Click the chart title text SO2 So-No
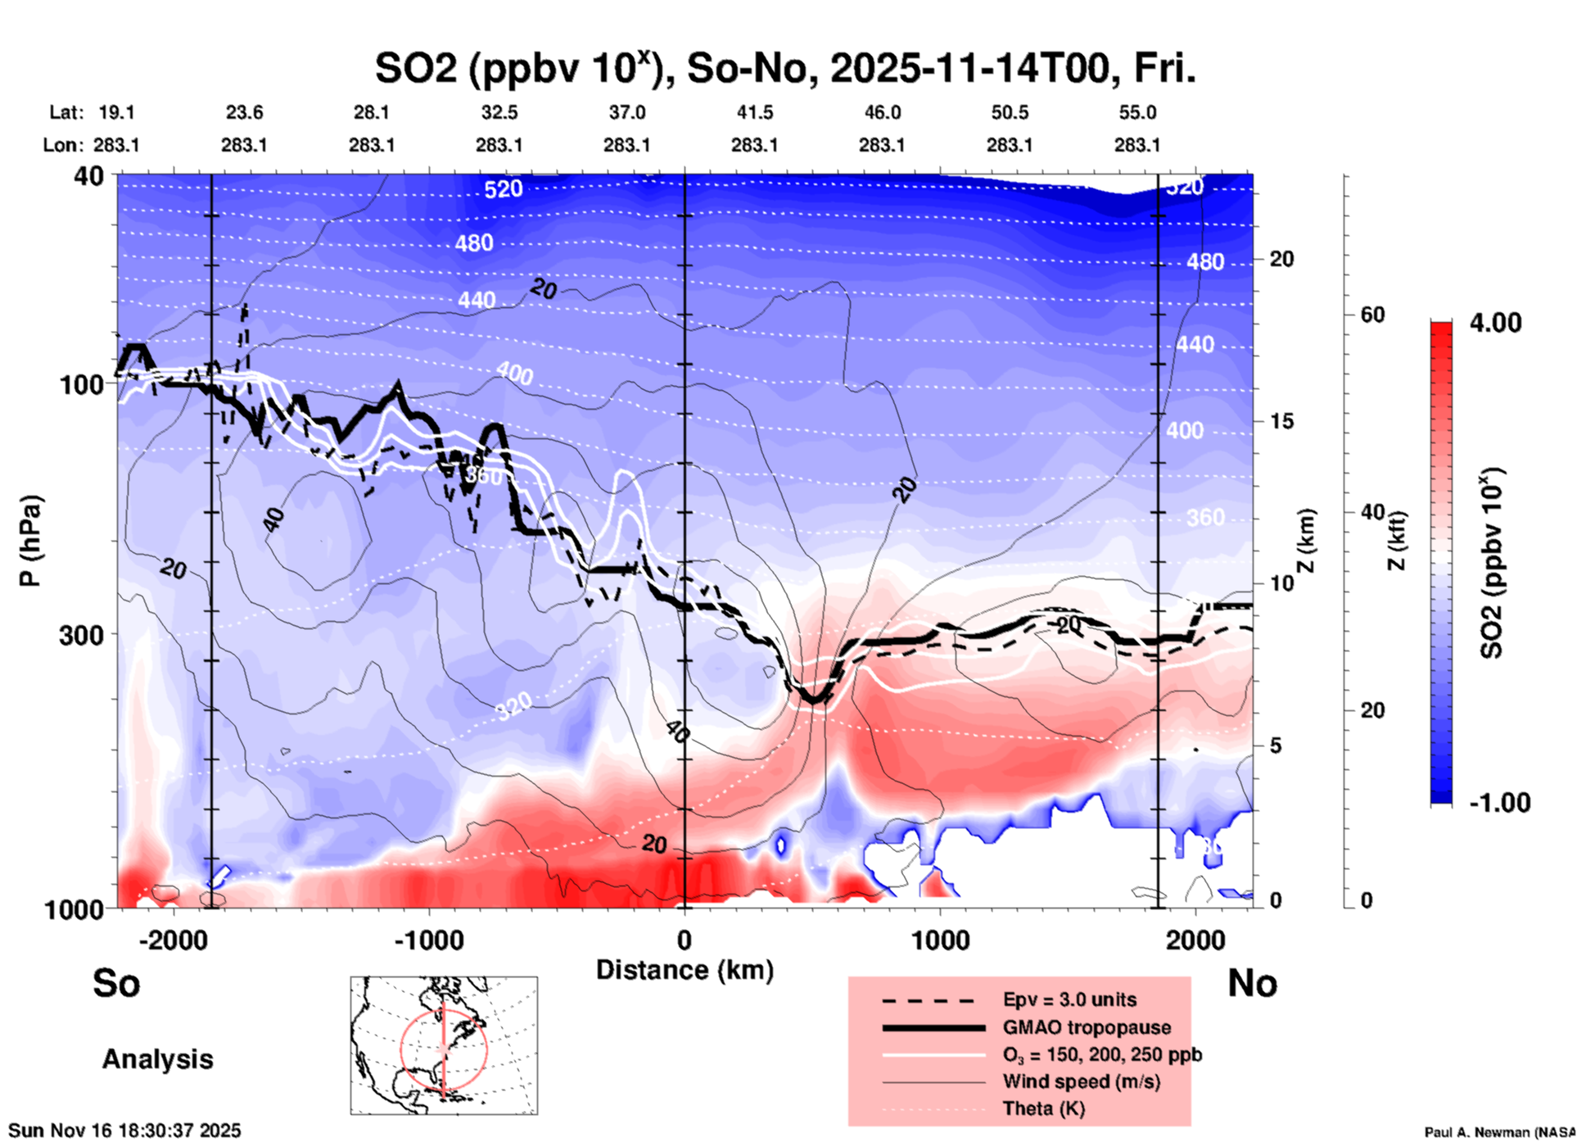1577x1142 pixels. click(784, 68)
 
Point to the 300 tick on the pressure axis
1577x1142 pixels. click(81, 635)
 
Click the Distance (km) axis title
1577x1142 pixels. click(685, 970)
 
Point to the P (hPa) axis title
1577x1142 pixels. click(30, 541)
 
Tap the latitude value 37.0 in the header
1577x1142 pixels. click(626, 112)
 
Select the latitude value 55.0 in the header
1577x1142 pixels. click(1137, 112)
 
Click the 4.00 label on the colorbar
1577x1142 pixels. click(1495, 322)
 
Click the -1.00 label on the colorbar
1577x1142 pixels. click(1499, 802)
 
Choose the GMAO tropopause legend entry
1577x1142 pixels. click(1087, 1027)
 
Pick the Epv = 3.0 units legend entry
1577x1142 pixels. click(1069, 999)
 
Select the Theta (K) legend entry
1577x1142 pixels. click(1043, 1108)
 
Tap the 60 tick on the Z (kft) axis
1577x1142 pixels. click(1372, 315)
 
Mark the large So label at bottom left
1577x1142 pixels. click(116, 983)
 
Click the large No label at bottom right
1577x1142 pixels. click(1252, 983)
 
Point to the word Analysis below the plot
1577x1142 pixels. click(157, 1059)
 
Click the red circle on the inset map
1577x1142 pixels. click(401, 1049)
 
